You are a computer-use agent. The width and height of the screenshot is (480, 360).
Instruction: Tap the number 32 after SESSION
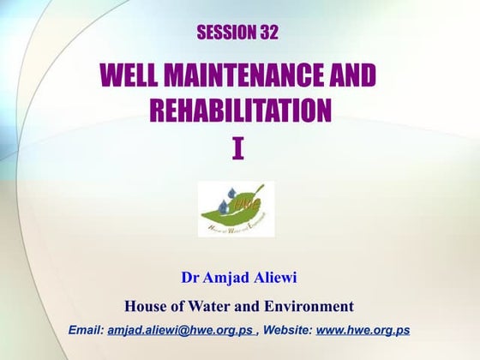click(x=267, y=33)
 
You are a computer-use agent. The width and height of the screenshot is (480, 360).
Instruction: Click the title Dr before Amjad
click(x=190, y=278)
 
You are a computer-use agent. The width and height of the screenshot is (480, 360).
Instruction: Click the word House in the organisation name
click(x=145, y=305)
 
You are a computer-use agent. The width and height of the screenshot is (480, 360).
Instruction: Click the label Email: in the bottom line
click(x=86, y=330)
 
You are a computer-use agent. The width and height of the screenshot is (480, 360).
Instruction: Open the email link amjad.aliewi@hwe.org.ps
click(x=182, y=330)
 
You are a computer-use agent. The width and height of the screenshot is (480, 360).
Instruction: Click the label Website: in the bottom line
click(x=288, y=330)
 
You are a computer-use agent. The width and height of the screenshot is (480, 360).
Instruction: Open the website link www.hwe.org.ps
click(x=363, y=330)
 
